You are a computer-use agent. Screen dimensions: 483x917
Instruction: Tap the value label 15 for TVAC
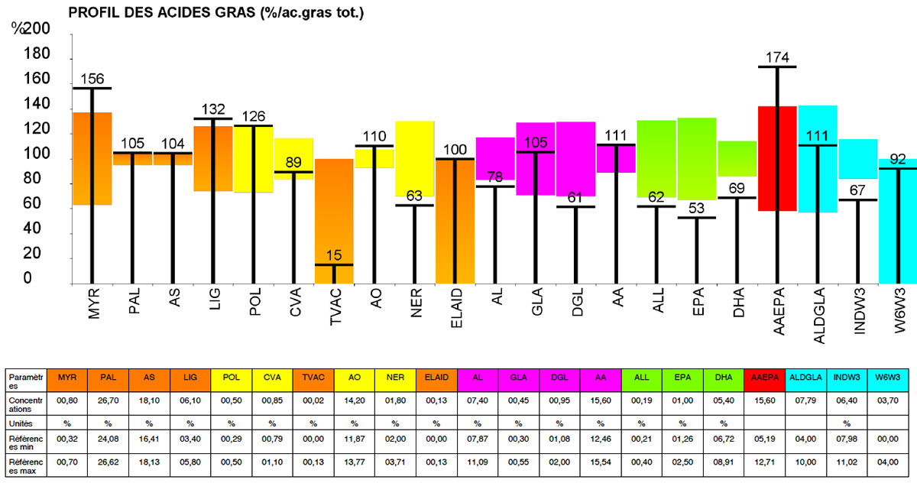334,255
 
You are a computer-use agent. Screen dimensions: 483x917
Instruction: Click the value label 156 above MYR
92,79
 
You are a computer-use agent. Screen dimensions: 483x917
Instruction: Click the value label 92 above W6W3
898,160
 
